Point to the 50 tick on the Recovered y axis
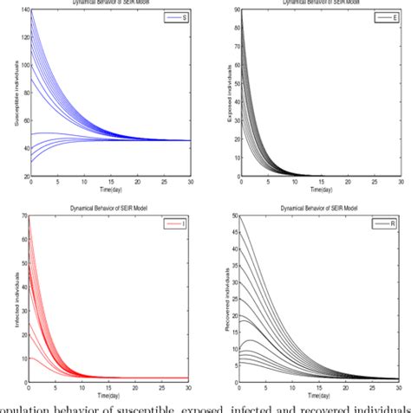tap(232, 215)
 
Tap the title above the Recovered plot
tap(317, 208)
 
